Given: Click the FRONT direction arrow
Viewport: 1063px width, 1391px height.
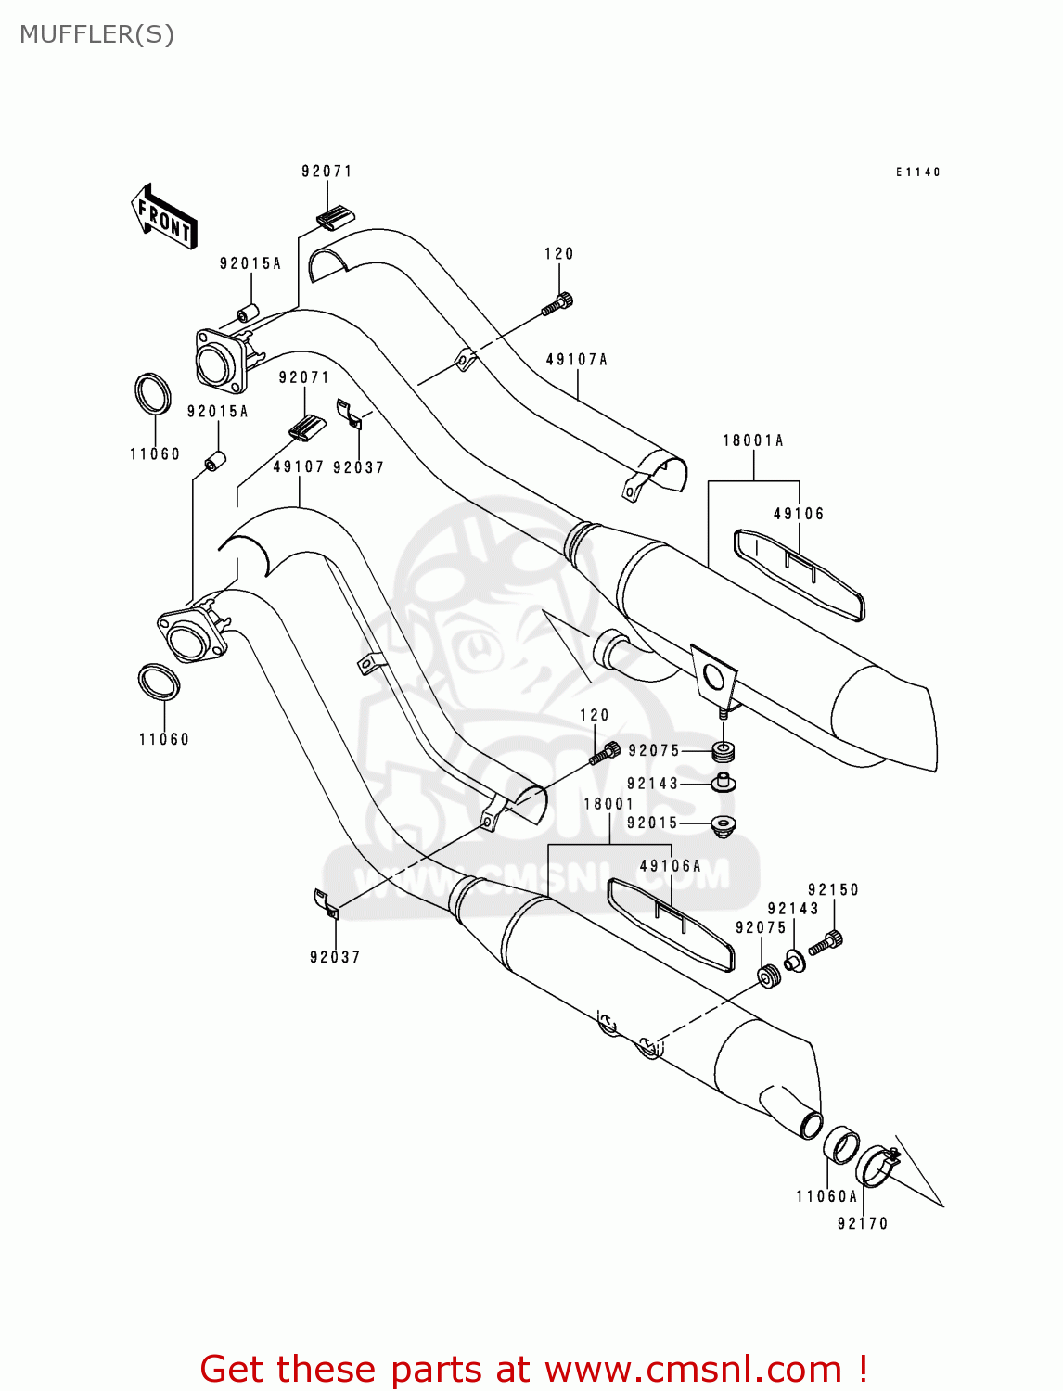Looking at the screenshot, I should [164, 216].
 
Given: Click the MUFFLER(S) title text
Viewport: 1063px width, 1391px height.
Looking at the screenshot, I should [96, 34].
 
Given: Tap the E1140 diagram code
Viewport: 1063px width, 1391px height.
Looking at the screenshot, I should [917, 172].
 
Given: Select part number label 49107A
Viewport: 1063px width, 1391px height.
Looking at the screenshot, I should [576, 360].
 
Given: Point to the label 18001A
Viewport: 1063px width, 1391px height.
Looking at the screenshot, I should [753, 440].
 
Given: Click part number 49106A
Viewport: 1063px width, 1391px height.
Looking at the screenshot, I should [670, 866].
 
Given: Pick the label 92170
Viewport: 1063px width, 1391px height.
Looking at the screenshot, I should [863, 1223].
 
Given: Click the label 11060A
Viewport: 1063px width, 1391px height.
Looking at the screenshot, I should [826, 1196].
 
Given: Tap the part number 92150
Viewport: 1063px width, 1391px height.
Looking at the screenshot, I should [833, 889].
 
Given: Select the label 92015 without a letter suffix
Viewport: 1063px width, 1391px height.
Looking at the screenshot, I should [652, 823].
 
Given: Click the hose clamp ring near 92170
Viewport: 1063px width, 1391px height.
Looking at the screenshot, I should [876, 1165].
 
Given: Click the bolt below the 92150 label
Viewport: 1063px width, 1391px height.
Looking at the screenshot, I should [826, 944].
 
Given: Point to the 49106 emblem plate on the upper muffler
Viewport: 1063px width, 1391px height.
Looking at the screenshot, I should [799, 574].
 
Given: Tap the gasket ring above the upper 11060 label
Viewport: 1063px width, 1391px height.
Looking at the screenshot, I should [153, 394].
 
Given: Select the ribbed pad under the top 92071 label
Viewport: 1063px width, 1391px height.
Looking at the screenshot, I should [335, 218].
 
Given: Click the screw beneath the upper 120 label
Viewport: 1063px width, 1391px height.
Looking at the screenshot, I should [558, 301].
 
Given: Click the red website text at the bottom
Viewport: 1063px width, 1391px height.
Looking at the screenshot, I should [533, 1369].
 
